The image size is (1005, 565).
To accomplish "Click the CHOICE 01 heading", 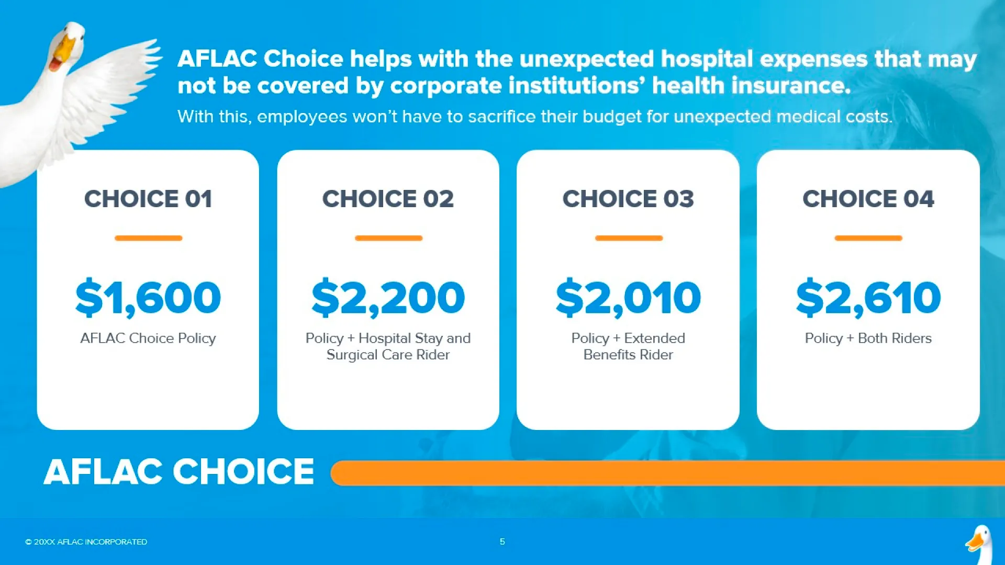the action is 148,199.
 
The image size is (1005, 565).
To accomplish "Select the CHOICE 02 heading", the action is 388,199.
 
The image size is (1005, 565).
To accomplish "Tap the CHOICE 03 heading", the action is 628,199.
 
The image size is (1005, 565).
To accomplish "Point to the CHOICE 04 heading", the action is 868,199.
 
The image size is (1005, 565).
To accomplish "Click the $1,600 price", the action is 148,298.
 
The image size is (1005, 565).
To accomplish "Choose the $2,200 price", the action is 388,298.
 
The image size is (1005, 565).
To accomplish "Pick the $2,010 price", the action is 628,298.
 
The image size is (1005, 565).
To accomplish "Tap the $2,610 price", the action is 868,298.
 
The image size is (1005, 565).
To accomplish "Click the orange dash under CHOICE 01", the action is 148,238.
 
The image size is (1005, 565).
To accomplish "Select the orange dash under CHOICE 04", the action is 868,238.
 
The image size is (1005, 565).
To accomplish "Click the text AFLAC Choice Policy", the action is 148,338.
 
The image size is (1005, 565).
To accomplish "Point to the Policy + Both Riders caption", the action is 868,338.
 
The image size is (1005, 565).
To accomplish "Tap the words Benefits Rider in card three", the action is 628,355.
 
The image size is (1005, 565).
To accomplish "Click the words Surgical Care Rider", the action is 388,355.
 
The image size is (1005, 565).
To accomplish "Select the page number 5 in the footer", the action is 502,541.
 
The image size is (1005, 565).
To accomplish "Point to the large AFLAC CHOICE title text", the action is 179,471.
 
